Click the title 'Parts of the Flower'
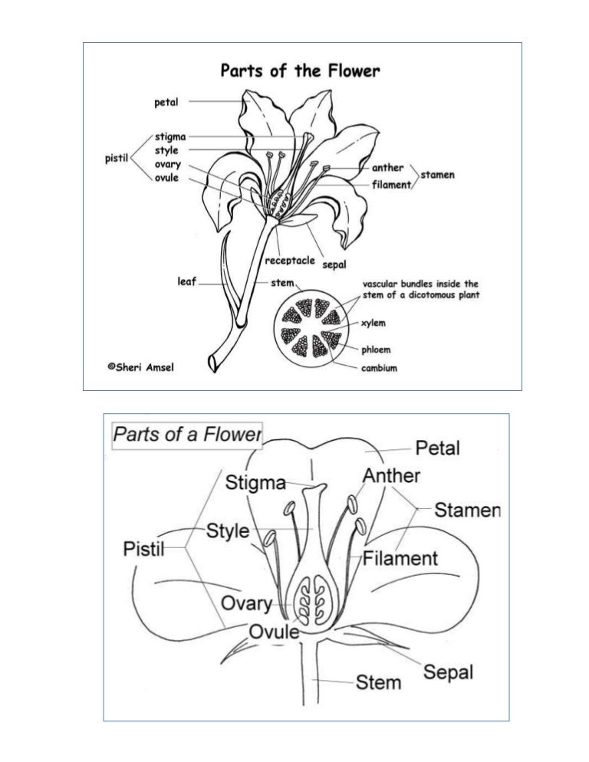pos(300,71)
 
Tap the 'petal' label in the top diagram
pos(166,101)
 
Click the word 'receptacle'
pos(289,261)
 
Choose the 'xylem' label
pos(373,323)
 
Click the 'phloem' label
pos(377,350)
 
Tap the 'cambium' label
pos(379,368)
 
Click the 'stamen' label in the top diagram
pos(437,175)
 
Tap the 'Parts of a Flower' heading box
pos(186,435)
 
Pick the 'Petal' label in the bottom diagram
pos(437,447)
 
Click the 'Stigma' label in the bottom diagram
pos(255,483)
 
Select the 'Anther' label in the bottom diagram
pos(391,475)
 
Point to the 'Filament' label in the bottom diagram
pos(400,557)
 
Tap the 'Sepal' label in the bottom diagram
pos(448,672)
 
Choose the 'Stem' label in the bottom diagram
pos(378,681)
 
